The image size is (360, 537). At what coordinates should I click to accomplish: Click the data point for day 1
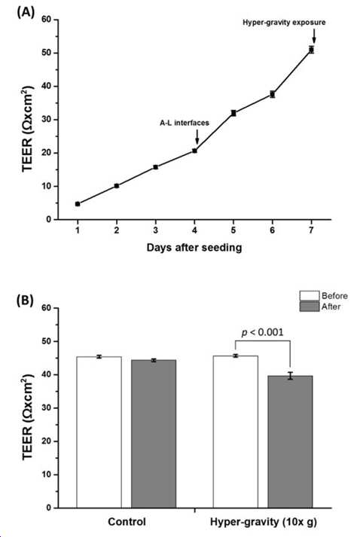point(78,204)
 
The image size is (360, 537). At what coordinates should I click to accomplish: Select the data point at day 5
point(233,113)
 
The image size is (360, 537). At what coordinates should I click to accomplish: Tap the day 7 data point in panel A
point(311,50)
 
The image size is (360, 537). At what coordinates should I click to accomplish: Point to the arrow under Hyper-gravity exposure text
point(314,36)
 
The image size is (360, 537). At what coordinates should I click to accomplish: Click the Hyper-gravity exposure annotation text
point(284,23)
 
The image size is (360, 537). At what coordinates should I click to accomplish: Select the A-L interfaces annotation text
point(185,123)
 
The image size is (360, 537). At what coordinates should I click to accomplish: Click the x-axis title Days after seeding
point(194,247)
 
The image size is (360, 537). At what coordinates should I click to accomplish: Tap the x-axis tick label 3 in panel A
point(155,230)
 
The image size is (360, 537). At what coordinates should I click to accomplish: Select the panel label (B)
point(26,301)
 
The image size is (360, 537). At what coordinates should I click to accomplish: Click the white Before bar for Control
point(99,432)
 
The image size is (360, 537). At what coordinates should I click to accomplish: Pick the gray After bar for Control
point(154,434)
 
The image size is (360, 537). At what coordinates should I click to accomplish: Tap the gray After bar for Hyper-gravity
point(290,442)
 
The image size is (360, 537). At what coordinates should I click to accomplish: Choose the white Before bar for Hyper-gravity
point(236,432)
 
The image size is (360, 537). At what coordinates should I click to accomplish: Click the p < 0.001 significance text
point(262,332)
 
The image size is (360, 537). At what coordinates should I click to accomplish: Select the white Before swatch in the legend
point(310,296)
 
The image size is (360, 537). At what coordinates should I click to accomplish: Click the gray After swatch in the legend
point(310,307)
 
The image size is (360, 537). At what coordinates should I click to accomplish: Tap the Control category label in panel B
point(127,522)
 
